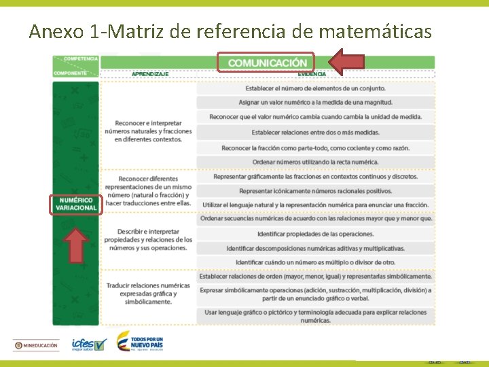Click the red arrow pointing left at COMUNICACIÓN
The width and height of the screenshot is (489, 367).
[x=346, y=62]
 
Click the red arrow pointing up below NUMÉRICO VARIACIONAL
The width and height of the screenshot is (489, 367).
[x=77, y=245]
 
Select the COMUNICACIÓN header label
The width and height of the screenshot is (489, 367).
[x=266, y=63]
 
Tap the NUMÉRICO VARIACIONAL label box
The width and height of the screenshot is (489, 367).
[x=77, y=204]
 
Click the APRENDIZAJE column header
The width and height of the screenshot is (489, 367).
[x=150, y=73]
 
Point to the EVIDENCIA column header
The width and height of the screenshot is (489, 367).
[x=311, y=73]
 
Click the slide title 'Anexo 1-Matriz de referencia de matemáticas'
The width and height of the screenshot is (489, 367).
[x=230, y=31]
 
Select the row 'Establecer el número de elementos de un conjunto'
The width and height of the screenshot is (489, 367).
[x=315, y=88]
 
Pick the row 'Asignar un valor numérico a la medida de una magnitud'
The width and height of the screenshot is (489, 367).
[x=315, y=102]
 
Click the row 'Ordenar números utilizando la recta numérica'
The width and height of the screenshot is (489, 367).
[x=315, y=162]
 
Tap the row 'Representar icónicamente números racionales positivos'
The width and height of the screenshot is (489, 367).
[x=315, y=191]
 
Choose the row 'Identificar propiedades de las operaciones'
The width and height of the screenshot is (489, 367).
[x=315, y=234]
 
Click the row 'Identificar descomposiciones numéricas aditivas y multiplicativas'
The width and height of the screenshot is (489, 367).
[x=315, y=248]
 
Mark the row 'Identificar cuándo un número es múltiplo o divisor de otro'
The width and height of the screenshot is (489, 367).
[x=315, y=262]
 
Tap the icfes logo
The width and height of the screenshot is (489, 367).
[x=89, y=345]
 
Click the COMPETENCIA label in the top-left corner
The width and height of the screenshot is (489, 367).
[x=80, y=59]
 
